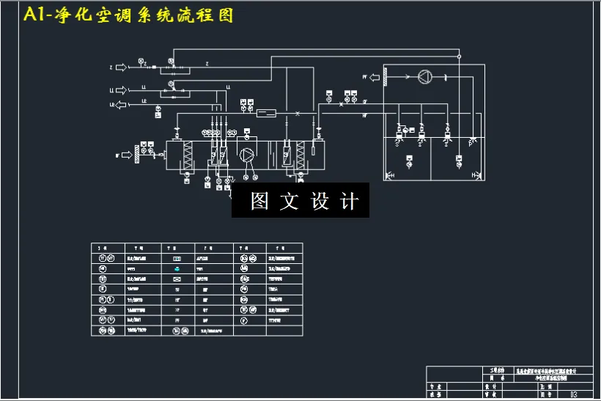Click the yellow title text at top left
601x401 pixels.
[x=128, y=15]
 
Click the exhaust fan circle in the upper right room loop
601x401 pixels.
[x=424, y=76]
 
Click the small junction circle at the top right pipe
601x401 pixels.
[x=459, y=56]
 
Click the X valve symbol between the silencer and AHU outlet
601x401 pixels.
[x=297, y=114]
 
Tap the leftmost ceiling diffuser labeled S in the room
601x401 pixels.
[x=399, y=141]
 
